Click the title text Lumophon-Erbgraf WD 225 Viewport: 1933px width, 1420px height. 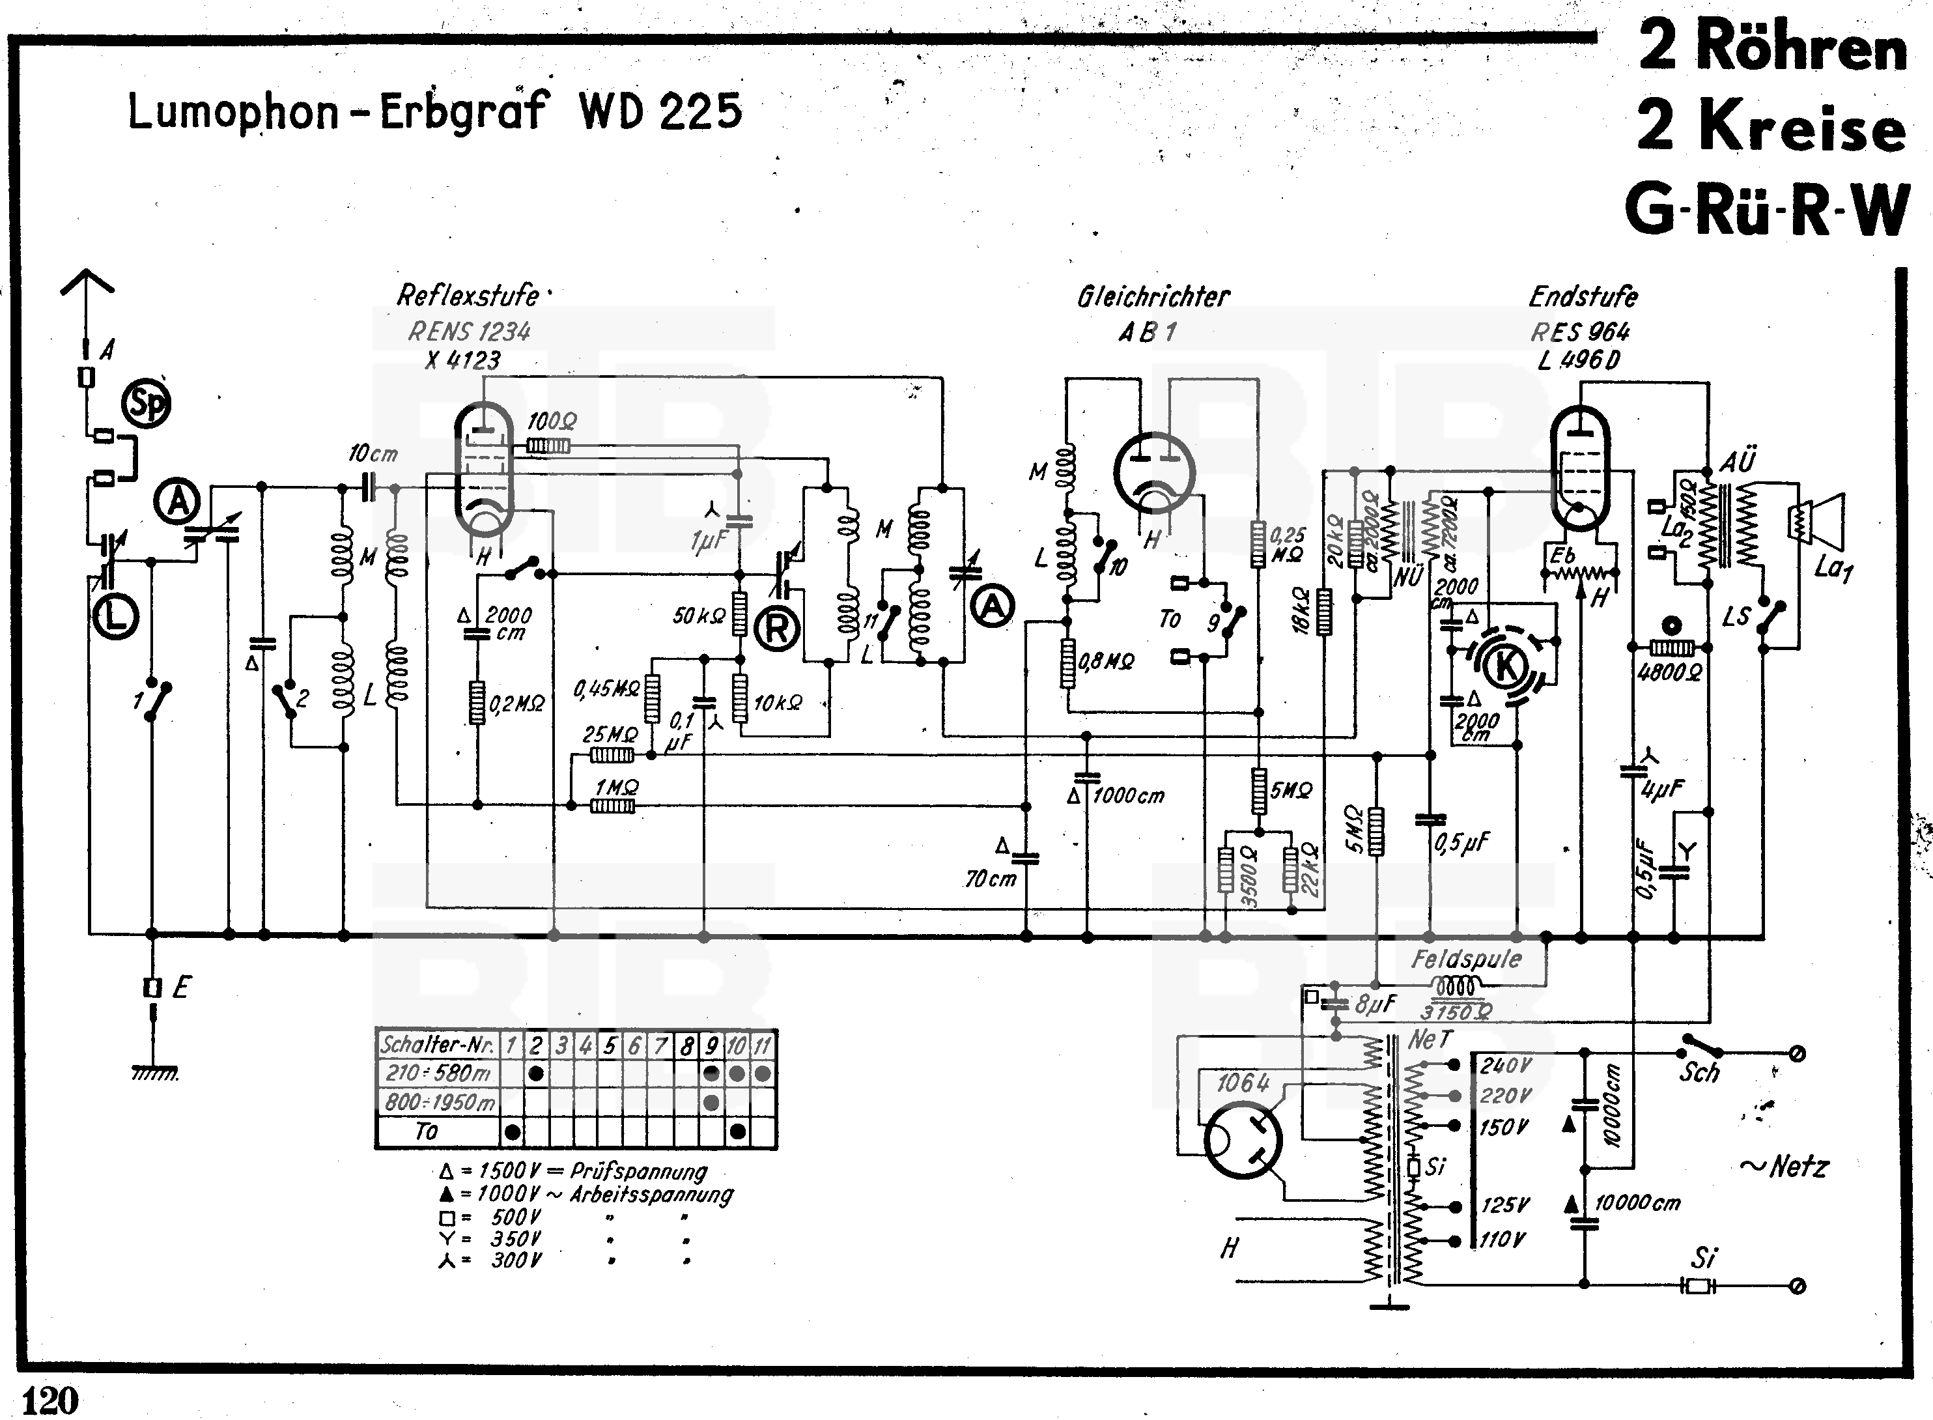(434, 112)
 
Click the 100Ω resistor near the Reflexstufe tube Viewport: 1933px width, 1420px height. (548, 446)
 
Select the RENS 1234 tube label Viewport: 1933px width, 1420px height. (470, 331)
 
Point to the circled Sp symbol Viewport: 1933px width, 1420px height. (146, 404)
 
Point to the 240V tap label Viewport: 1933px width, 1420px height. (1506, 1066)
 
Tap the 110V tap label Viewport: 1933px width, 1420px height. (1503, 1240)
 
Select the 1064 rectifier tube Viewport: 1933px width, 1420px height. (1243, 1139)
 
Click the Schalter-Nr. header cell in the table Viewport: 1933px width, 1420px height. (438, 1045)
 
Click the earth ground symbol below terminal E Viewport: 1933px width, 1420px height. (155, 1072)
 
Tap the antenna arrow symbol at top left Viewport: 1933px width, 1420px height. (87, 288)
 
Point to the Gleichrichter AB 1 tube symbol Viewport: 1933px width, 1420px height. (1154, 473)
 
